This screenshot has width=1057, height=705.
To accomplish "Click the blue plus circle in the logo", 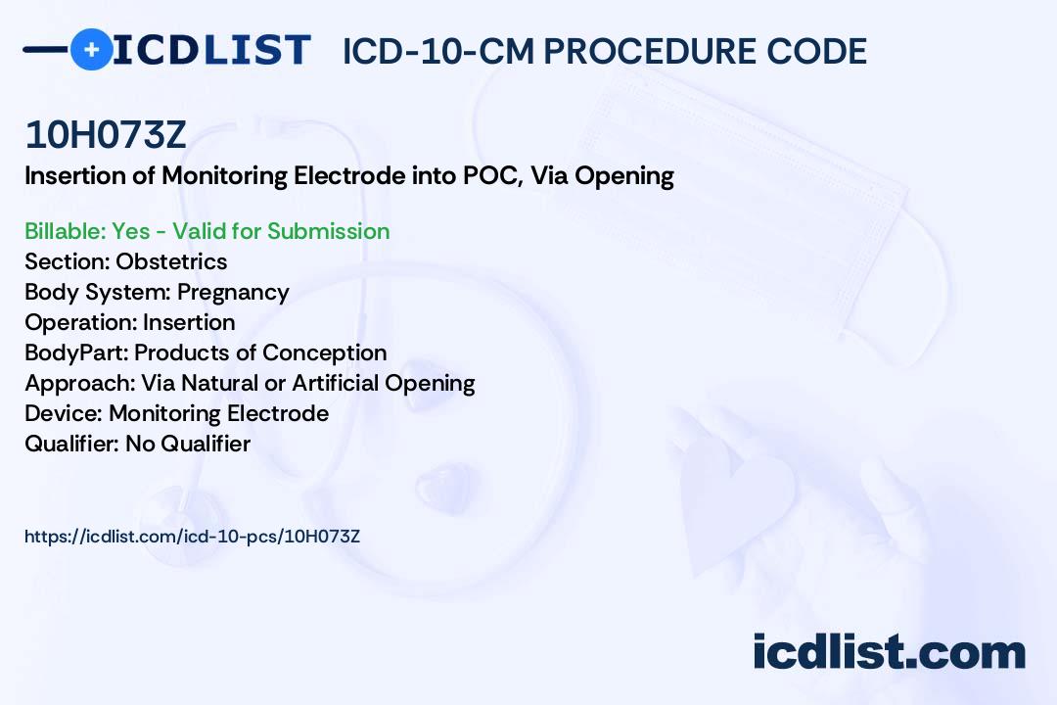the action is point(91,49).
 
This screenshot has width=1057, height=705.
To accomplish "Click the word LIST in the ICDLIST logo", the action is point(256,50).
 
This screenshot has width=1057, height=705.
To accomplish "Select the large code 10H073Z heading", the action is point(105,134).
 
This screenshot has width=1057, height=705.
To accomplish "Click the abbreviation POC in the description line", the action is point(490,175).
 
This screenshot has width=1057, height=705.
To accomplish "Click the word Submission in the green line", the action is point(328,231).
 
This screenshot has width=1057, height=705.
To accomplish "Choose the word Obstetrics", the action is point(171,261).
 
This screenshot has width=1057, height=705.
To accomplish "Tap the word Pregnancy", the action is point(233,292).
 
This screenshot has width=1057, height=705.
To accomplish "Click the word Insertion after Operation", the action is point(189,322).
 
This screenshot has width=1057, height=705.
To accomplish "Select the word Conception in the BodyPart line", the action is point(324,352).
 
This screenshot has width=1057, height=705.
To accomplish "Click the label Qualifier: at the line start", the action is point(72,444).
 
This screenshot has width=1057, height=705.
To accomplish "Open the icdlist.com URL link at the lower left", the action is point(192,537).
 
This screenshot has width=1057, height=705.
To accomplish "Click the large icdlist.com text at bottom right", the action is point(889,651).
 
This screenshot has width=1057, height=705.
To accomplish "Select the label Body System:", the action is point(98,292).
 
